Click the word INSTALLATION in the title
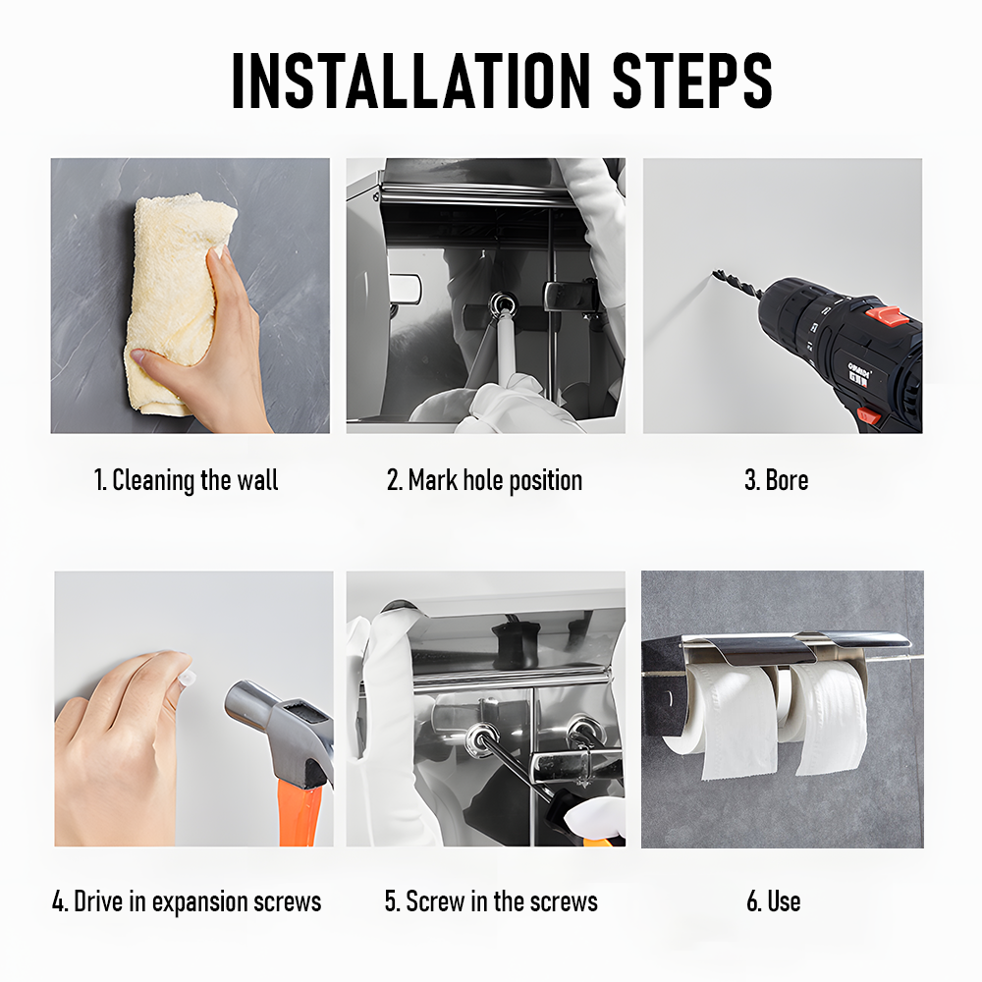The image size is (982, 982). (410, 81)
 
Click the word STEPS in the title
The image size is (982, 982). (692, 81)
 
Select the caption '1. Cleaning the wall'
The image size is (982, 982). (186, 480)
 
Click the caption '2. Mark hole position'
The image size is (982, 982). (484, 480)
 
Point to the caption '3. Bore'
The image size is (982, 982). (776, 480)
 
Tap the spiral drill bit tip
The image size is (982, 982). (716, 273)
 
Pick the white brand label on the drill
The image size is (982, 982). (858, 374)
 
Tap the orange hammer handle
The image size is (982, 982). (300, 814)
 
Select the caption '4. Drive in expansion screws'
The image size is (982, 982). (187, 901)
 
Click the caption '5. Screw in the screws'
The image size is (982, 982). (491, 901)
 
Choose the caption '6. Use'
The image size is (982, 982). (774, 901)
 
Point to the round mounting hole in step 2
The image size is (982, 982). (503, 305)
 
